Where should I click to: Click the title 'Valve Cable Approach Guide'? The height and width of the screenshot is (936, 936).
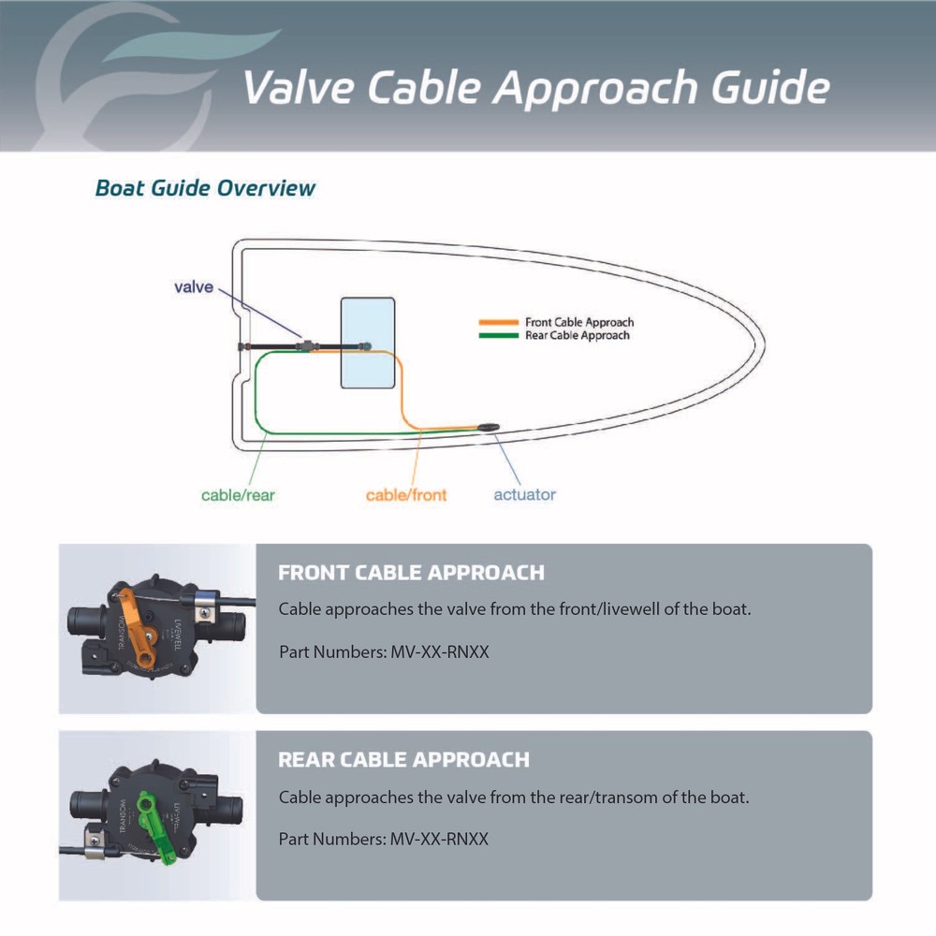[x=535, y=88]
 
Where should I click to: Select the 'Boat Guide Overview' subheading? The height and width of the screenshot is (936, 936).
[x=205, y=188]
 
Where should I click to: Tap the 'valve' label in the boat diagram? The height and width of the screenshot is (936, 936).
[x=194, y=287]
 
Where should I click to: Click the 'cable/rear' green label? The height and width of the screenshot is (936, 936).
[x=238, y=495]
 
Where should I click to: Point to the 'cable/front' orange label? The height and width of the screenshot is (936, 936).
[x=406, y=495]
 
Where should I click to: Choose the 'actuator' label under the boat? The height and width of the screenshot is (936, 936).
[x=524, y=494]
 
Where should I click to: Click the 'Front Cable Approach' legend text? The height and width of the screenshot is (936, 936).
[x=579, y=323]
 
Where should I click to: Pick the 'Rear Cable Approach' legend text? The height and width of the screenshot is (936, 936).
[x=577, y=335]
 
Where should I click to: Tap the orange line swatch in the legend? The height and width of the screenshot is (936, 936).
[x=498, y=323]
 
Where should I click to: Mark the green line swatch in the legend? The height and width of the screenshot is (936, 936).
[x=498, y=335]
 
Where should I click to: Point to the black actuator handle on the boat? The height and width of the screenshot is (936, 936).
[x=489, y=428]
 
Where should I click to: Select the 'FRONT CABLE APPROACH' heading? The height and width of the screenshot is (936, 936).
[x=411, y=573]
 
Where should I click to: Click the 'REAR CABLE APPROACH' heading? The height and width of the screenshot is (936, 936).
[x=403, y=760]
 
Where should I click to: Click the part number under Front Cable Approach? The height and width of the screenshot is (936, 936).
[x=437, y=651]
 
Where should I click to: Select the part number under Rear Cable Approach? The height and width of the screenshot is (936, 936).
[x=437, y=839]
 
